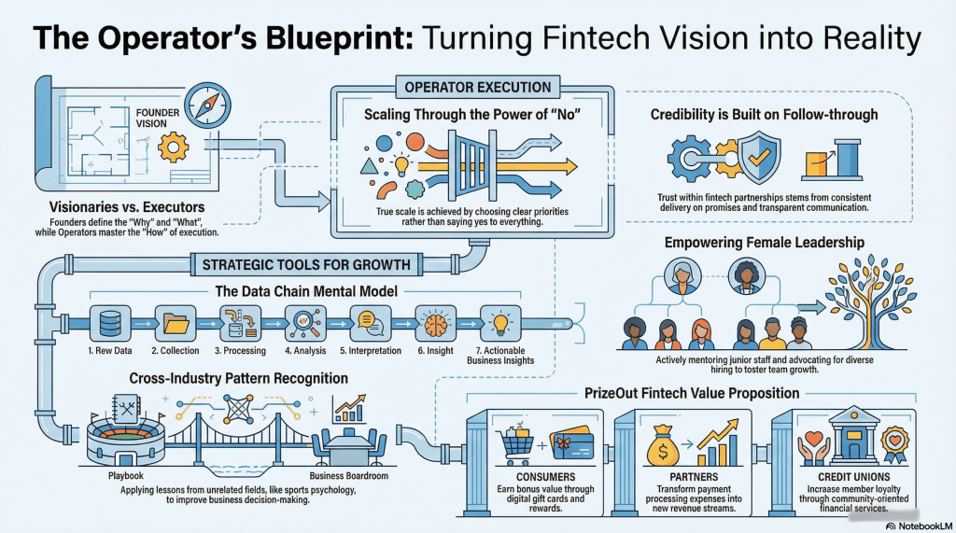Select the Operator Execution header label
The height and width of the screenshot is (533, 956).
[x=477, y=88]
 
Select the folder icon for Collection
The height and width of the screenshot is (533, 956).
[x=175, y=322]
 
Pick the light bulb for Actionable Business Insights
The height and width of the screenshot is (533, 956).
[x=499, y=322]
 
